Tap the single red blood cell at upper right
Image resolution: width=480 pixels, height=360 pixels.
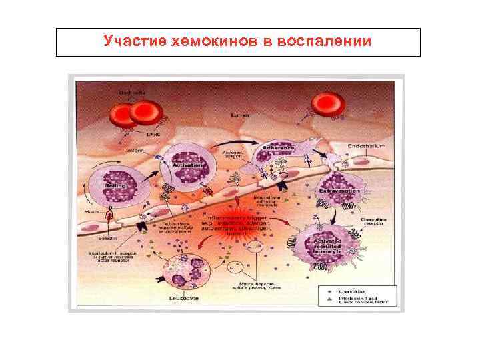point(328,105)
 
